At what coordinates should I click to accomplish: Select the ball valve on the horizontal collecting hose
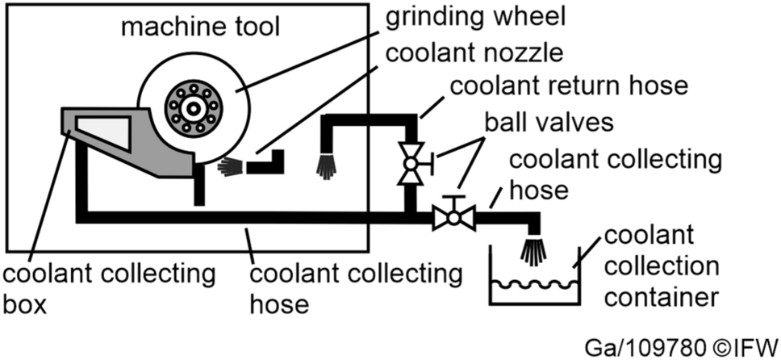point(453,216)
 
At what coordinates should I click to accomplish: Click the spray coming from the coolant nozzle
point(231,167)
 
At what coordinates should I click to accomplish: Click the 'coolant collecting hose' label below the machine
point(356,290)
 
